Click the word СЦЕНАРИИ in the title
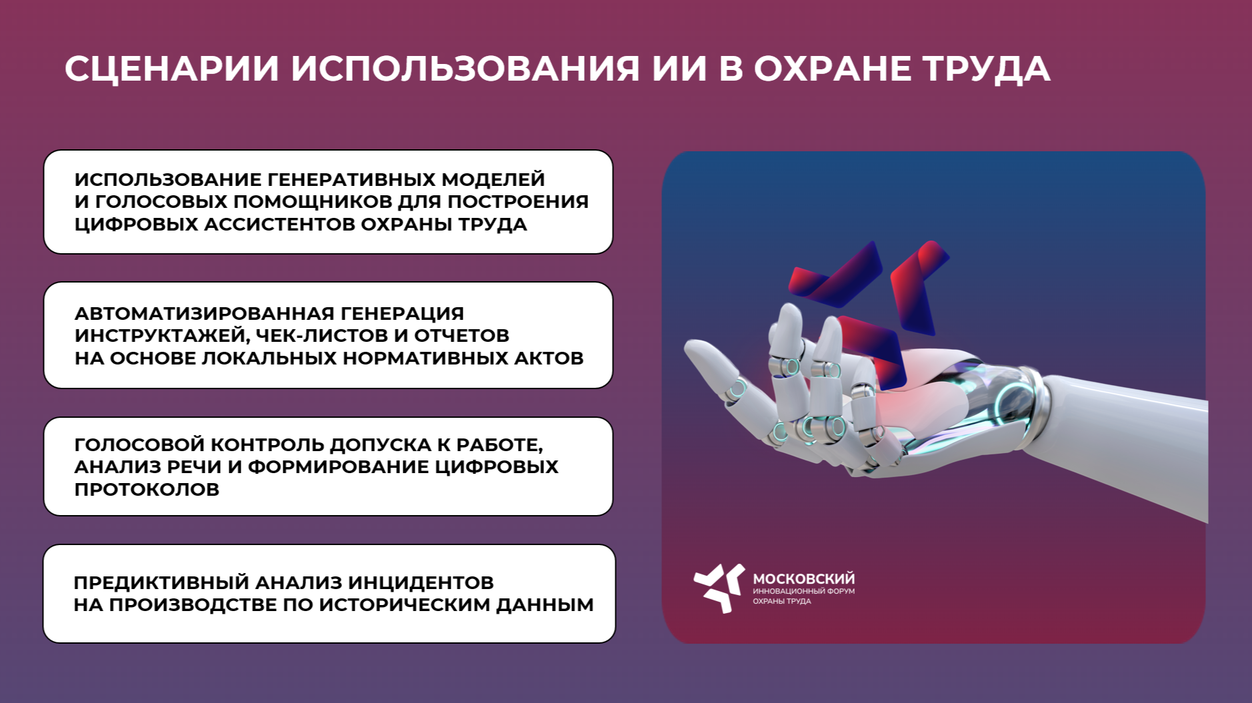click(x=171, y=69)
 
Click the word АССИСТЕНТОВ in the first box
click(x=279, y=224)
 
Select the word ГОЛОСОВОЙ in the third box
click(x=139, y=444)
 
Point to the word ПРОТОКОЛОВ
click(x=147, y=489)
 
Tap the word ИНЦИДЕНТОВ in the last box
click(x=421, y=582)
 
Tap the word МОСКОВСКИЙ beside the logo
click(x=803, y=578)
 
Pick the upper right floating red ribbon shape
click(x=919, y=287)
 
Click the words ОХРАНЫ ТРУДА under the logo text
click(x=781, y=601)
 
